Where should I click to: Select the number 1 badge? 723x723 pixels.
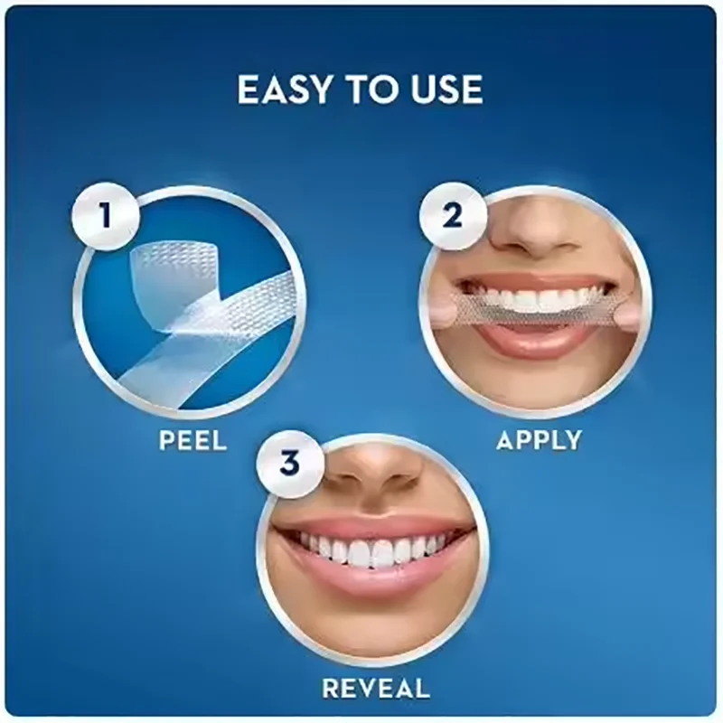(x=108, y=216)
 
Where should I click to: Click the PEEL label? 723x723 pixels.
(x=192, y=441)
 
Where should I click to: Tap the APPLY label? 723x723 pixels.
(x=539, y=440)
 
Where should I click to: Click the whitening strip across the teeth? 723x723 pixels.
(x=533, y=313)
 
